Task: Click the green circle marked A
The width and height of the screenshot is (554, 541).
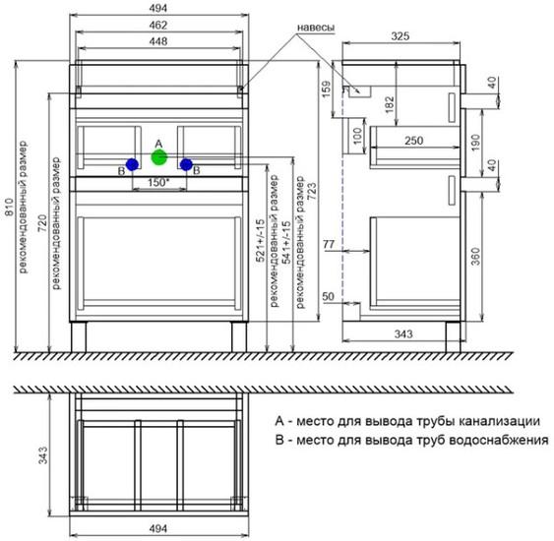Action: (x=159, y=157)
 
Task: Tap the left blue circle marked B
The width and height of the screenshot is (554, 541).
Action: (x=132, y=164)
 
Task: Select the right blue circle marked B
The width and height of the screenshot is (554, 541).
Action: (x=186, y=164)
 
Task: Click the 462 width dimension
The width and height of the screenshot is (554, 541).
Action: (x=157, y=25)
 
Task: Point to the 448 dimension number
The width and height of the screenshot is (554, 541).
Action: (x=157, y=41)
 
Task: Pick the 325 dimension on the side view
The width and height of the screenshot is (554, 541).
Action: (x=400, y=36)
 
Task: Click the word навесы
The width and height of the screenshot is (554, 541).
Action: (x=316, y=28)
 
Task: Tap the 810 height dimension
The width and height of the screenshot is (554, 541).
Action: (x=10, y=207)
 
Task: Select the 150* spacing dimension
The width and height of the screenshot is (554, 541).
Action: (x=158, y=183)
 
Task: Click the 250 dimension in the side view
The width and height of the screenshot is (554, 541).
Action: (x=413, y=141)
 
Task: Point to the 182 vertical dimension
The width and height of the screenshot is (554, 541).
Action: (x=389, y=104)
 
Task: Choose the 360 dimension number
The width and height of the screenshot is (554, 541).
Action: (x=476, y=257)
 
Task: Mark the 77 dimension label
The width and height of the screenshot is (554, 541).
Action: (x=329, y=244)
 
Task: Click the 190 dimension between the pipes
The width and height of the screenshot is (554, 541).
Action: (x=476, y=143)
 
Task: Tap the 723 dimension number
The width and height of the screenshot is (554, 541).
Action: (x=312, y=192)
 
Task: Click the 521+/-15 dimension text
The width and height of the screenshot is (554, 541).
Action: (x=260, y=240)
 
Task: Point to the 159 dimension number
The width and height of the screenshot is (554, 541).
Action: (x=327, y=89)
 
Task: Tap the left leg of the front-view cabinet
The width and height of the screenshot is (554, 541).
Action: (x=79, y=336)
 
